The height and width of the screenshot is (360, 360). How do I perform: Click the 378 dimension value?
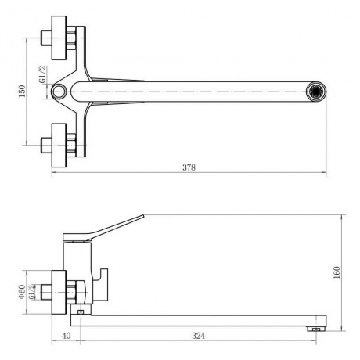(x=189, y=167)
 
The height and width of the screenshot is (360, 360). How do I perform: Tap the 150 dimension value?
(x=22, y=92)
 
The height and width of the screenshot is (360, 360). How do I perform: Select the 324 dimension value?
(x=198, y=336)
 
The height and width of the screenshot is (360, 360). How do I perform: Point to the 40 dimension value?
(x=67, y=336)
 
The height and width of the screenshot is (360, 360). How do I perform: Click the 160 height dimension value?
(x=337, y=272)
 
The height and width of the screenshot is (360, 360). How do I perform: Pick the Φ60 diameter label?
(x=22, y=292)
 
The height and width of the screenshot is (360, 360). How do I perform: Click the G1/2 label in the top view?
(x=42, y=74)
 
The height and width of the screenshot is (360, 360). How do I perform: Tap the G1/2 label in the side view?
(x=31, y=292)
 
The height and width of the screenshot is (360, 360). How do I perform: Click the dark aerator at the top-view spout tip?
(x=316, y=92)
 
